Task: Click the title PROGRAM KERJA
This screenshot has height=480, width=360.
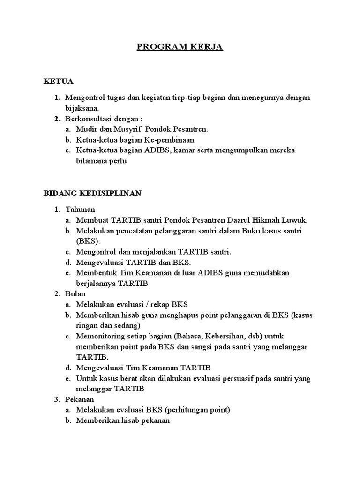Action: coord(180,47)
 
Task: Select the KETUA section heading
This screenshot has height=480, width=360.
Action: coord(59,81)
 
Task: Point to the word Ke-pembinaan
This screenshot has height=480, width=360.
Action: coord(171,140)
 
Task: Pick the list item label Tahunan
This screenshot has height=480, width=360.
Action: coord(80,209)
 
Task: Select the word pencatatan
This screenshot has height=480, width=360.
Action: coord(129,230)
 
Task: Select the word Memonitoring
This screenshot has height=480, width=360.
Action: coord(98,336)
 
